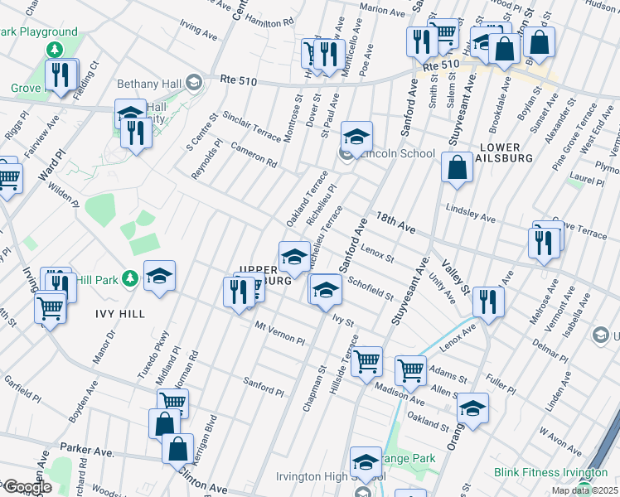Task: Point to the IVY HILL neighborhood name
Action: (x=119, y=314)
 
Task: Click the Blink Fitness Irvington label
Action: (x=547, y=472)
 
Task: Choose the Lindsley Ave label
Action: (x=470, y=214)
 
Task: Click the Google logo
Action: (x=27, y=487)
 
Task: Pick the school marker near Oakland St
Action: (x=472, y=408)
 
